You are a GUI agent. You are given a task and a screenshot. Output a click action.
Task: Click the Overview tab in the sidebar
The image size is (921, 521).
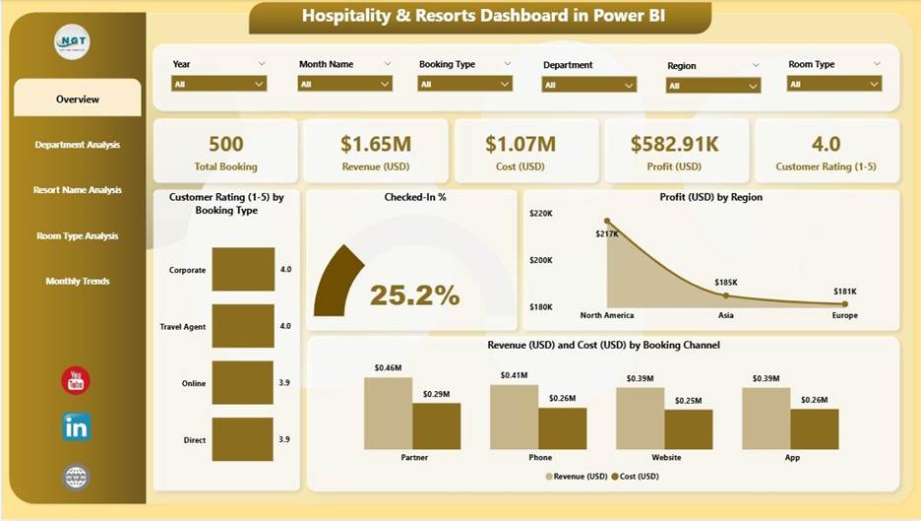78,98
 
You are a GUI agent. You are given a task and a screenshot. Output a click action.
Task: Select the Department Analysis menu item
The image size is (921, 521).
78,145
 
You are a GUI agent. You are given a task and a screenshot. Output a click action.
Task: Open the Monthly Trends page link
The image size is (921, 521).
78,282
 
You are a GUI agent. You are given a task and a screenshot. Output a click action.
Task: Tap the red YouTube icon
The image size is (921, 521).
76,380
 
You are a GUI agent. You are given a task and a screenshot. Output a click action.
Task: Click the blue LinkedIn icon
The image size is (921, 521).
76,426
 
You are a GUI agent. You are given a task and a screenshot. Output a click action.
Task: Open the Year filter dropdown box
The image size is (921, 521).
219,85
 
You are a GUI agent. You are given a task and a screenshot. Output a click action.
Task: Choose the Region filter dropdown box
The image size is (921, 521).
713,86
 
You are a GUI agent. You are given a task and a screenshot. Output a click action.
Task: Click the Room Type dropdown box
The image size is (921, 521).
833,85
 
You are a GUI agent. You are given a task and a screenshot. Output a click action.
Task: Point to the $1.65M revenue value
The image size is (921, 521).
375,144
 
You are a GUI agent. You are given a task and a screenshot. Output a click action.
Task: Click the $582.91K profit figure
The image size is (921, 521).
675,144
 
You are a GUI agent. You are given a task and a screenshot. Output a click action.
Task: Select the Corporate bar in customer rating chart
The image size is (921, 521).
243,269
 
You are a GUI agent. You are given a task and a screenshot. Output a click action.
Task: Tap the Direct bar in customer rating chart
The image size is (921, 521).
243,439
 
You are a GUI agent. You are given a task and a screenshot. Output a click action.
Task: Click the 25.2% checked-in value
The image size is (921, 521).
414,294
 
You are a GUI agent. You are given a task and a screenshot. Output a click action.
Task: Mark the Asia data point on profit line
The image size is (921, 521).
726,294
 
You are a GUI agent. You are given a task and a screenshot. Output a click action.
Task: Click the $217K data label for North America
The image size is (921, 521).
606,234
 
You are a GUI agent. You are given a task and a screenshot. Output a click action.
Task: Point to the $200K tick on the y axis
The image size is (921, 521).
541,260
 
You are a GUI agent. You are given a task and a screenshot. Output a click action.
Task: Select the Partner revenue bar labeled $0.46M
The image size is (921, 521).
388,413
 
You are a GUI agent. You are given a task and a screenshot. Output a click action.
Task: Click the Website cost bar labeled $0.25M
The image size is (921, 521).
688,429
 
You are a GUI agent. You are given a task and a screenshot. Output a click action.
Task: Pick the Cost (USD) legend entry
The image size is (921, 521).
635,476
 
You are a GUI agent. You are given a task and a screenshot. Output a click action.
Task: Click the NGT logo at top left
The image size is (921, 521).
72,41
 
